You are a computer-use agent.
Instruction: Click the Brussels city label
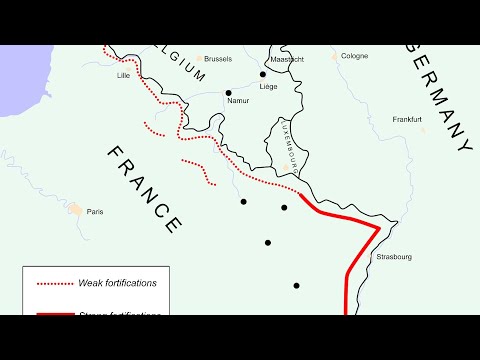click(217, 59)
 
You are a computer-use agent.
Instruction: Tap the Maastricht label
click(288, 59)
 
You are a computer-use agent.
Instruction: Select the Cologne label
click(354, 56)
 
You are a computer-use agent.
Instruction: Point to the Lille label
click(124, 75)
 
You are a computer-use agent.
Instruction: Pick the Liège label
click(268, 87)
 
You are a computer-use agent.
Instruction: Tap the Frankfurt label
click(407, 120)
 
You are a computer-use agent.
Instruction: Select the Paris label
click(95, 212)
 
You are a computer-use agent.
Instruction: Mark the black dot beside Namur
click(229, 93)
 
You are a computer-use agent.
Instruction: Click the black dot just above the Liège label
click(263, 74)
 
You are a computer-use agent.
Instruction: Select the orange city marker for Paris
click(76, 210)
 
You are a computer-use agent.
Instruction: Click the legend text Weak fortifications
click(117, 283)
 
